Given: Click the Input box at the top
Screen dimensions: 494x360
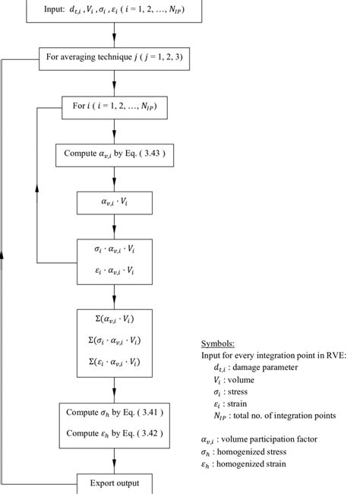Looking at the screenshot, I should pos(113,9).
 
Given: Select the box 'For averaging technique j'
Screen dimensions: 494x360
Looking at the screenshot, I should pos(113,58).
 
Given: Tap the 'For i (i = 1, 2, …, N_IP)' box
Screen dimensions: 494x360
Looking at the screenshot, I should pos(113,107).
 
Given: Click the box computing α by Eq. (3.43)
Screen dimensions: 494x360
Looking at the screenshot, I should pos(113,155).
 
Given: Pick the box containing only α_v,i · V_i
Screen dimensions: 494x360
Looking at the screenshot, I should pos(113,202).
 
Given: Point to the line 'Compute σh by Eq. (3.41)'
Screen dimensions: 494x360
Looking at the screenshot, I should pos(113,413).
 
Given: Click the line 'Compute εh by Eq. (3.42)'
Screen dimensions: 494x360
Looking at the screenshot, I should pos(113,433).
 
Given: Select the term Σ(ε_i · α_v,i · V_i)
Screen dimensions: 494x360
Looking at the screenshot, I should pos(113,362).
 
